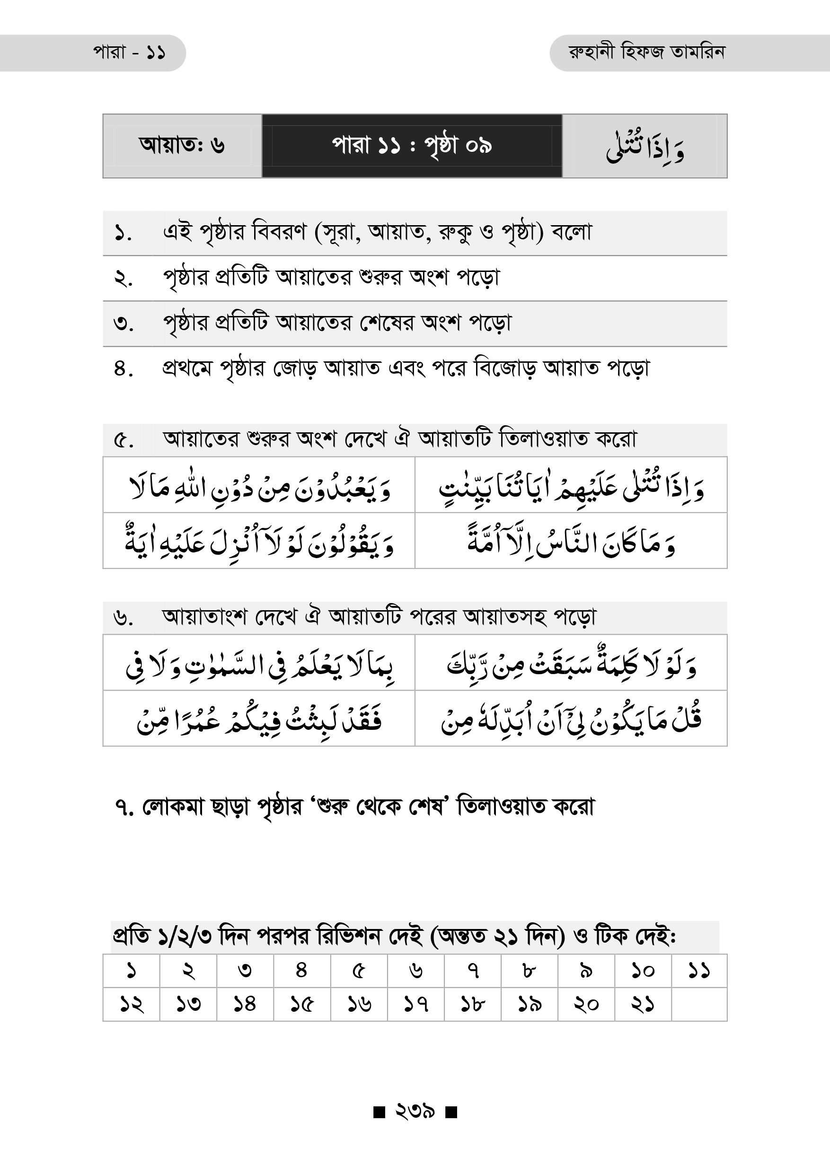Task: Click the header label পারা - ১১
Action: click(129, 53)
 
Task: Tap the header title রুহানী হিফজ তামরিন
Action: click(646, 52)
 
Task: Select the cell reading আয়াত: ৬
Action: click(182, 146)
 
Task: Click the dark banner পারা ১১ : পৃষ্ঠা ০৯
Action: click(412, 146)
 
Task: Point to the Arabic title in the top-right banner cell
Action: click(645, 147)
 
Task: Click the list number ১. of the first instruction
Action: click(123, 234)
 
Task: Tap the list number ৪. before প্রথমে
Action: click(123, 368)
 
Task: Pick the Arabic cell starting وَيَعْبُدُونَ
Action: click(259, 485)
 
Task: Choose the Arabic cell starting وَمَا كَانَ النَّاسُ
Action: click(571, 541)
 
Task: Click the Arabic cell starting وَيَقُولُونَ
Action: click(259, 541)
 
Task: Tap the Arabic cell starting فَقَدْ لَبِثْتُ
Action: click(259, 718)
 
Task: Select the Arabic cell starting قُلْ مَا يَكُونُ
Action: click(571, 718)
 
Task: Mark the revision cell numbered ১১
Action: click(698, 971)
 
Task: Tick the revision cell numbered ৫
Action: click(359, 971)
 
